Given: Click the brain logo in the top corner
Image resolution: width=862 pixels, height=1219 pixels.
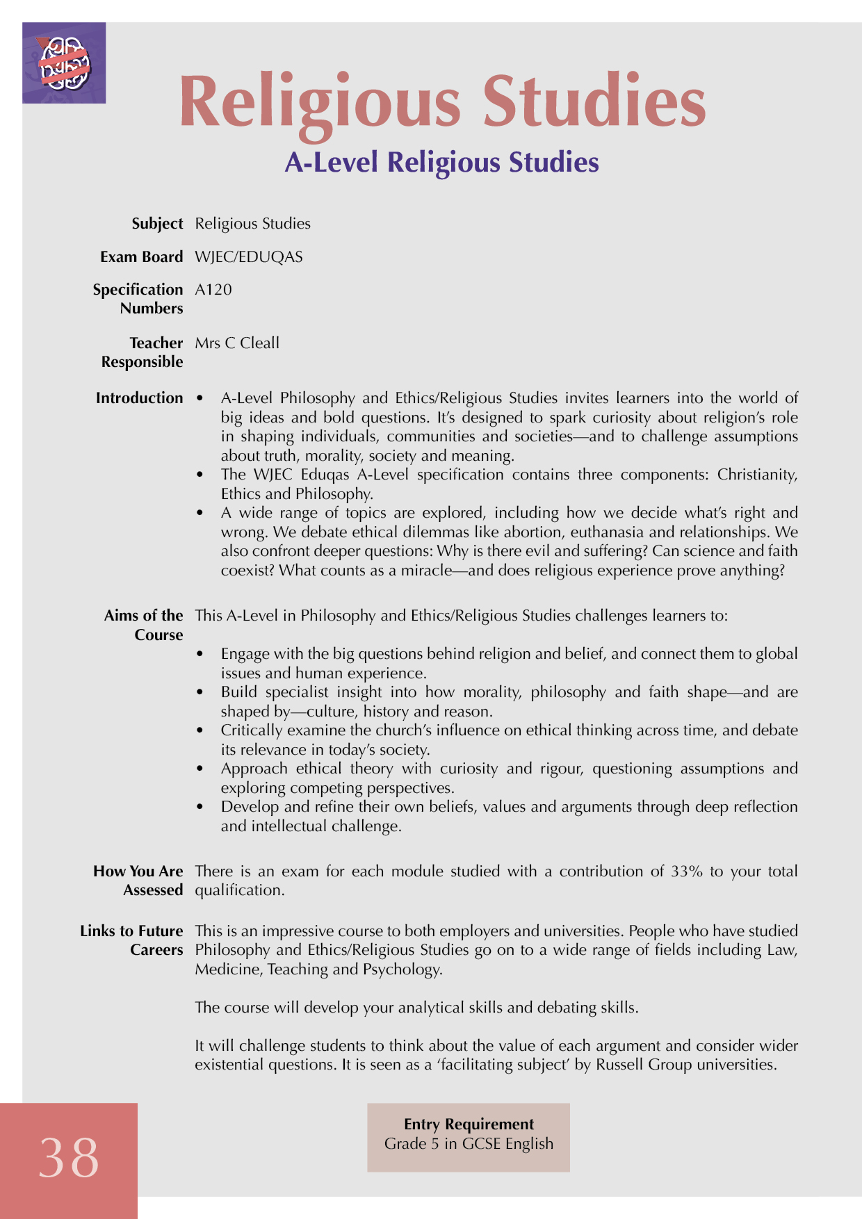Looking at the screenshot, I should pos(64,63).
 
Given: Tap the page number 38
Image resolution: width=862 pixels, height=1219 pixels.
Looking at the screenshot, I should pos(69,1158).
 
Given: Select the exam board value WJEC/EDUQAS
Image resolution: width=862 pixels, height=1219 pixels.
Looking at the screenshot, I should pos(249,257).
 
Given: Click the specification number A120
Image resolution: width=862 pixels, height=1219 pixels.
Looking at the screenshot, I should pos(213,290).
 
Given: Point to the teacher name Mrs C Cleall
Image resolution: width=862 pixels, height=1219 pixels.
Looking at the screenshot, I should pos(237,343).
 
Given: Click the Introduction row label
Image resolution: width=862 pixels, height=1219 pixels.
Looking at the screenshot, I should pos(139,398).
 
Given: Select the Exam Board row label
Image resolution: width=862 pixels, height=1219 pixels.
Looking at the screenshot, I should pos(141,257).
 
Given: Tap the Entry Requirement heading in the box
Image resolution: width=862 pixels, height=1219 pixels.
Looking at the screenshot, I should pos(469,1124).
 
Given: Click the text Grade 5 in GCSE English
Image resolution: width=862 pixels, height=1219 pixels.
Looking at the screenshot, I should pos(469,1144).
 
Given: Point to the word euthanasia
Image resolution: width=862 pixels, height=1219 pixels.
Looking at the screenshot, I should pos(611,532).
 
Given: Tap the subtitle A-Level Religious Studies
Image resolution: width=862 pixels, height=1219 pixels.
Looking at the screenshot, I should pos(441,163).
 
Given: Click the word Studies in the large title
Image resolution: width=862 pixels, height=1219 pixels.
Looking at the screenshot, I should pos(594,102).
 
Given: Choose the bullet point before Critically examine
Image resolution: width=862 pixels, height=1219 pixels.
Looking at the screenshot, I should pos(201,731).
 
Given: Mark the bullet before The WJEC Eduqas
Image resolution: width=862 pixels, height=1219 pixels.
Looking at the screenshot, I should pos(201,475).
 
